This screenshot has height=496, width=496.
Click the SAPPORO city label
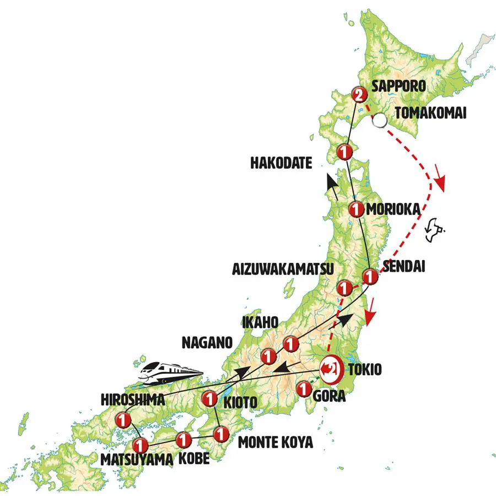point(399,86)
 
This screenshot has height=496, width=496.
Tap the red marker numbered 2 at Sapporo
point(358,95)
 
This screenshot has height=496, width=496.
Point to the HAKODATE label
point(281,163)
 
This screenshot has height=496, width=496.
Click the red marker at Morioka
point(357,209)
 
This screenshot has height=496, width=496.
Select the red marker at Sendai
point(371,279)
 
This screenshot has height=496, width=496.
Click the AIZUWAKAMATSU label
point(283,269)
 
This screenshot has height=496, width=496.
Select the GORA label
point(330,396)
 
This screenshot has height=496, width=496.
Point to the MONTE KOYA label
point(275,442)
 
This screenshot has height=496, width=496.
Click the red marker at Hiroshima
point(124,420)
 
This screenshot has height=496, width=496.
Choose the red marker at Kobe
point(184,439)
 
